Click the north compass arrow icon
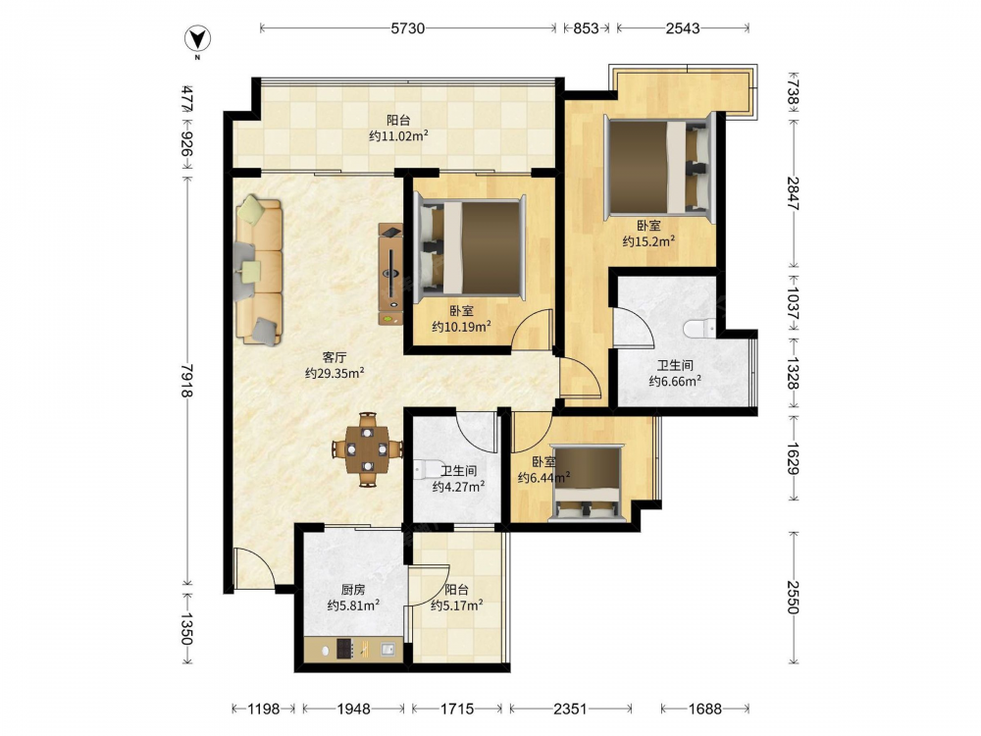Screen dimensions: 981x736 [x=197, y=39]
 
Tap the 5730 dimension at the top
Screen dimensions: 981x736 [x=408, y=28]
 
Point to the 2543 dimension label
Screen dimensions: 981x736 [x=683, y=28]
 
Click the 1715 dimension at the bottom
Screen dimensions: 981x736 [x=457, y=709]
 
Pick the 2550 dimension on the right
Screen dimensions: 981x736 [x=793, y=597]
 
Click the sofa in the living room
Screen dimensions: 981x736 [x=258, y=271]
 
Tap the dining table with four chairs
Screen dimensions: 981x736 [x=367, y=449]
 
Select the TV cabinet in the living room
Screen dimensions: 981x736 [x=390, y=274]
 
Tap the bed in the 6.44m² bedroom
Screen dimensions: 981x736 [x=587, y=483]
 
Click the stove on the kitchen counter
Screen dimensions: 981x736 [x=346, y=649]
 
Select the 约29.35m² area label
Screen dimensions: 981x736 [x=335, y=374]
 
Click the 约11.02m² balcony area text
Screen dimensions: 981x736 [x=398, y=135]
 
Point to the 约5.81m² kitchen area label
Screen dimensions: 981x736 [x=353, y=605]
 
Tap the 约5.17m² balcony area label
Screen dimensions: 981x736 [x=457, y=605]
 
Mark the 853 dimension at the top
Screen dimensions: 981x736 [x=587, y=28]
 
